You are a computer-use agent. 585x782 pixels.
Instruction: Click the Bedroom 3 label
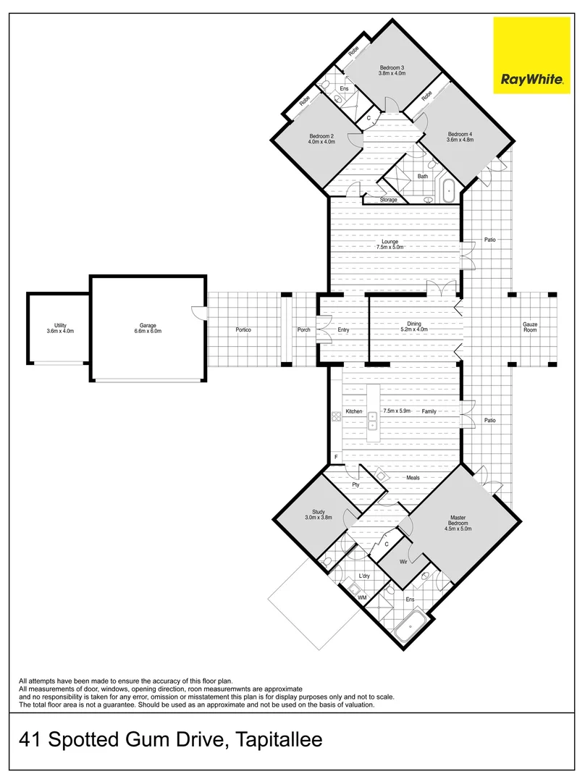point(392,67)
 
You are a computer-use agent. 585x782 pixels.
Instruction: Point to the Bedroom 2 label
point(321,136)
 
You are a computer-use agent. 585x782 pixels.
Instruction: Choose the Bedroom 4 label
point(460,134)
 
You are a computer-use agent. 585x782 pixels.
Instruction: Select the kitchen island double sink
point(372,421)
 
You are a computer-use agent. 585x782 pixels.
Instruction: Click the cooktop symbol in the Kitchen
point(336,416)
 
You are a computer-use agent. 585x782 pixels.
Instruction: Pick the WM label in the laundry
point(362,597)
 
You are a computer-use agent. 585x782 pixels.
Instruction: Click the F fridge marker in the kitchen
point(336,457)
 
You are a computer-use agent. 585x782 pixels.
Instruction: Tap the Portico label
point(243,330)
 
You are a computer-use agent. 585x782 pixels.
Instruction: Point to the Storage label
point(389,200)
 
